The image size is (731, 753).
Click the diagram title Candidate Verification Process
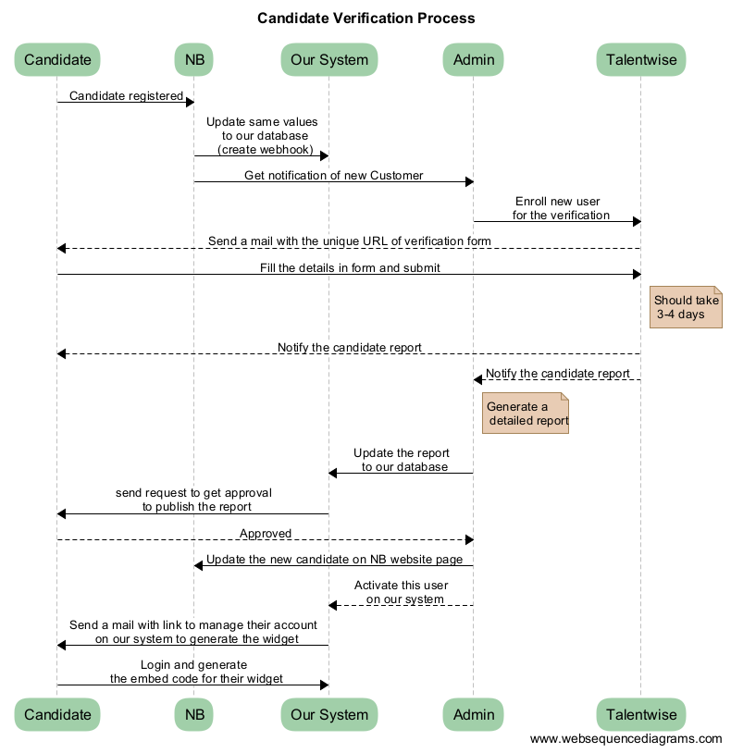[x=366, y=19]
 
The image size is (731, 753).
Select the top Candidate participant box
[x=57, y=59]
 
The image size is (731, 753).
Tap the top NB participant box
[x=194, y=59]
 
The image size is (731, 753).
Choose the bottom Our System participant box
[x=329, y=714]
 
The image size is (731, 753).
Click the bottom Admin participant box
[x=473, y=714]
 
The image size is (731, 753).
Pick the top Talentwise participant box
[x=640, y=59]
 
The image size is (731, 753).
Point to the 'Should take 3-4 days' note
[x=686, y=307]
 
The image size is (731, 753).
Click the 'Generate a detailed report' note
[x=526, y=413]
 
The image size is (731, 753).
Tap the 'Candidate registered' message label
[x=127, y=96]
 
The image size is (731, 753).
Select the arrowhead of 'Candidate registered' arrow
[x=191, y=102]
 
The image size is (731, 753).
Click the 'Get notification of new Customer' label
[x=334, y=176]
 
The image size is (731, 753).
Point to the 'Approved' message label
[x=266, y=534]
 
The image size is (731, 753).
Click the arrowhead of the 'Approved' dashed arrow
[x=469, y=540]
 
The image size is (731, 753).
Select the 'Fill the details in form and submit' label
[x=350, y=268]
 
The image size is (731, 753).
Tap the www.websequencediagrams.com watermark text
[x=626, y=738]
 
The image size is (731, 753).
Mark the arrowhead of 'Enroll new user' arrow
[x=637, y=221]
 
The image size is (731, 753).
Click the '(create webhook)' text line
[x=266, y=150]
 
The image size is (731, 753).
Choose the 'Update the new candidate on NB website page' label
[x=334, y=560]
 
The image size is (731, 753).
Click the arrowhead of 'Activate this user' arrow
[x=333, y=605]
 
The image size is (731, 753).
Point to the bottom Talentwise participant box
[x=640, y=714]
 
